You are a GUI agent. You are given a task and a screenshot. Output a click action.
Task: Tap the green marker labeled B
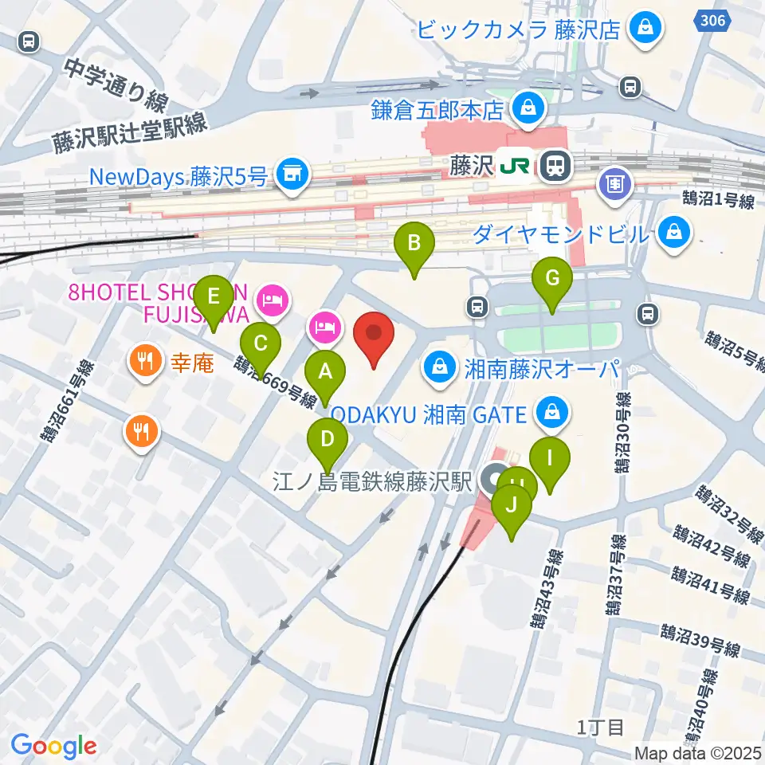pos(414,242)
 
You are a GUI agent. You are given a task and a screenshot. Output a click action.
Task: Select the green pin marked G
pos(552,279)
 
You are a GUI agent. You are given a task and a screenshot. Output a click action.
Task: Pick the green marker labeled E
pos(213,296)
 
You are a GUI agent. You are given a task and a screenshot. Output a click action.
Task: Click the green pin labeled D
pos(328,439)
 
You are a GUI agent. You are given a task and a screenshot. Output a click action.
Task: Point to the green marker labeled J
pos(511,505)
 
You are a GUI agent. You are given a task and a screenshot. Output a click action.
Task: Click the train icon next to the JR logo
pos(551,167)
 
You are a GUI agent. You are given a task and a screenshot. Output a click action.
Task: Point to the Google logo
pos(53,746)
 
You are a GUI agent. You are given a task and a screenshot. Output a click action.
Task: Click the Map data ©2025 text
pos(698,752)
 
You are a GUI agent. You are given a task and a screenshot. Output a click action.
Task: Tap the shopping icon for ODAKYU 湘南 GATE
pos(550,413)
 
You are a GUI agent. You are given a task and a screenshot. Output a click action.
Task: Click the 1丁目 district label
pos(601,727)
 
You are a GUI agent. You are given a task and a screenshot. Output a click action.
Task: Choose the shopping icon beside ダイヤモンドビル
pos(675,233)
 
